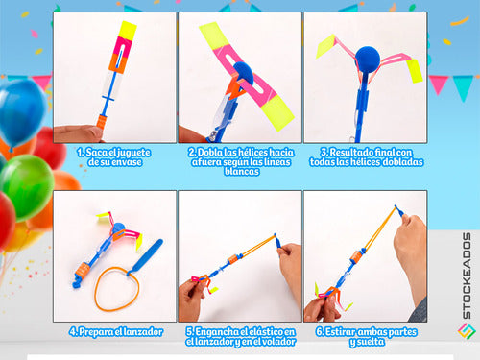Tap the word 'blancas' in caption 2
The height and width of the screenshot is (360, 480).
coord(242,172)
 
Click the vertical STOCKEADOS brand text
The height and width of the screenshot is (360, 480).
coord(467,276)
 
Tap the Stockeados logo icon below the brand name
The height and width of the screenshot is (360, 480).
coord(467,331)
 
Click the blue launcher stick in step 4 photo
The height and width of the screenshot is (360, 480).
coord(146,256)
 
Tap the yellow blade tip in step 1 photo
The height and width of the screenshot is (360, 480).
coord(128,31)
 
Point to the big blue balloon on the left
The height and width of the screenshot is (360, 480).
coord(21,112)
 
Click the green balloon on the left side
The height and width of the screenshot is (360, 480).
coord(27,187)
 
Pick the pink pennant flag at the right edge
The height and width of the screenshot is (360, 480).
coord(439,84)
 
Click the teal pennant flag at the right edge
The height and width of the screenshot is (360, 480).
coord(463,87)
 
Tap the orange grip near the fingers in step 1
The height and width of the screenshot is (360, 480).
coord(101,122)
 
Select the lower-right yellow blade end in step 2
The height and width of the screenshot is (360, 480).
coord(277,113)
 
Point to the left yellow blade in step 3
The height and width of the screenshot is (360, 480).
coord(325,46)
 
